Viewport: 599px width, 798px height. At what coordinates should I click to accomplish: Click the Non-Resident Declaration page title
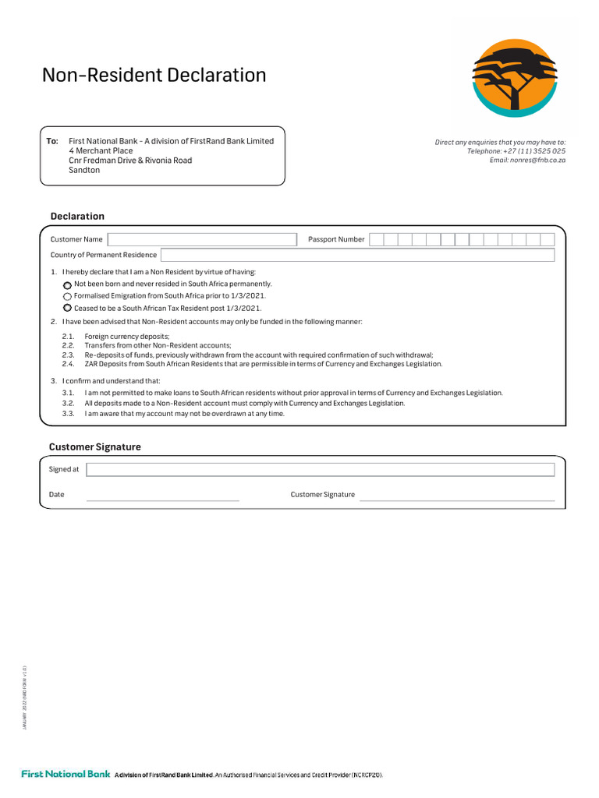click(154, 76)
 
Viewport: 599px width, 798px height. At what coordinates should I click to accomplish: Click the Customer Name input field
click(202, 239)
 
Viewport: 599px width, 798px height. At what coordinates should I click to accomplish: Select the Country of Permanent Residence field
click(357, 255)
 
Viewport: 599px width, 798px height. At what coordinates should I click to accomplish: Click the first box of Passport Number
click(377, 239)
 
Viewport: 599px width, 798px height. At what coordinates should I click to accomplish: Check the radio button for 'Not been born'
click(67, 285)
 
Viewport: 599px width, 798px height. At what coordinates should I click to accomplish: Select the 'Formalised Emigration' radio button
click(67, 297)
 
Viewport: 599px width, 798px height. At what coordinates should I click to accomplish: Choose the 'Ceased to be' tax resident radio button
click(67, 308)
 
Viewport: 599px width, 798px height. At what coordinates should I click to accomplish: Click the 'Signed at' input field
click(320, 469)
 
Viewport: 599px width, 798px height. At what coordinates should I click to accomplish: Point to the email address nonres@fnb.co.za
click(527, 160)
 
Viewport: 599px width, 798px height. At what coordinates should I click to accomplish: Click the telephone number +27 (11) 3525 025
click(516, 151)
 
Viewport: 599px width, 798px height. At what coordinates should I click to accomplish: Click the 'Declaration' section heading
click(77, 217)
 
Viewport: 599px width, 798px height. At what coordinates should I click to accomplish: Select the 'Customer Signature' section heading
click(94, 447)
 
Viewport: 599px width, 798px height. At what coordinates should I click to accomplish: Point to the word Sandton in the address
click(84, 170)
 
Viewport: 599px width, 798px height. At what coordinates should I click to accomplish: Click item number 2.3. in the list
click(69, 355)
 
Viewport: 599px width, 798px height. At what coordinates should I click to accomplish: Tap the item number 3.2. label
click(69, 404)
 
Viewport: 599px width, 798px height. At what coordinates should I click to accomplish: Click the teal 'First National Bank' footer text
click(66, 775)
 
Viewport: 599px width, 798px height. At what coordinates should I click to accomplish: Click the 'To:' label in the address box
click(52, 141)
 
